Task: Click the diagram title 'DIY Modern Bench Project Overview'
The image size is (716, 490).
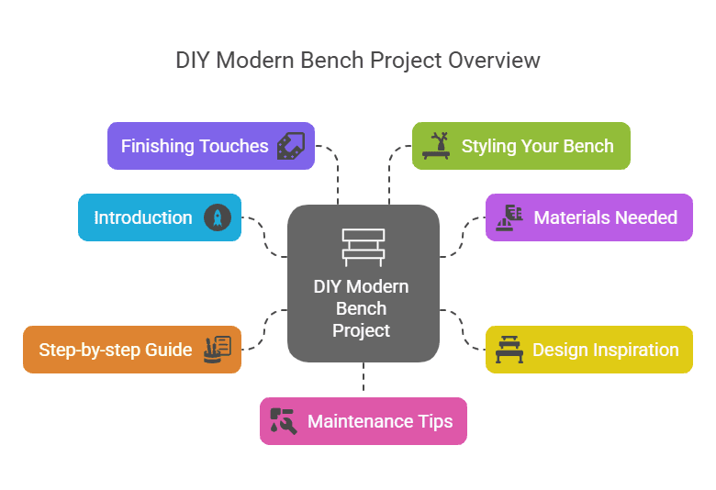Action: tap(358, 61)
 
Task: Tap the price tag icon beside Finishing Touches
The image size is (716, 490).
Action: tap(290, 147)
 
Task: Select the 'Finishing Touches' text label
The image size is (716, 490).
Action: tap(195, 147)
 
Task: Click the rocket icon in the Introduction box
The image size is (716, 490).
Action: tap(218, 218)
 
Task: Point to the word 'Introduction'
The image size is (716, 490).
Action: tap(143, 218)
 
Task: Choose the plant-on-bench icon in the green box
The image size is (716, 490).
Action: tap(436, 147)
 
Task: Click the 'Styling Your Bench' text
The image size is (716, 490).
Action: tap(537, 147)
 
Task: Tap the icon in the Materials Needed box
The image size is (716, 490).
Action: tap(509, 218)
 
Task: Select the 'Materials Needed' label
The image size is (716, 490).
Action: tap(605, 218)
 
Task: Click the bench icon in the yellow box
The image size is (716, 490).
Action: tap(508, 350)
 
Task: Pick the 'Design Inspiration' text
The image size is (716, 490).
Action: tap(605, 350)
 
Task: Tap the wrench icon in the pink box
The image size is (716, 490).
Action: tap(284, 421)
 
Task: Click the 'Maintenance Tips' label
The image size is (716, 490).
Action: tap(380, 421)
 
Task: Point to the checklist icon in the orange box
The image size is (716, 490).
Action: tap(218, 350)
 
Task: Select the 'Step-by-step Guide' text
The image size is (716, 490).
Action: tap(116, 350)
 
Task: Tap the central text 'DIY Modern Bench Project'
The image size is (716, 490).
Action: tap(362, 308)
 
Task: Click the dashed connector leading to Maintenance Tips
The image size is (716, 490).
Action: tap(364, 379)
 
